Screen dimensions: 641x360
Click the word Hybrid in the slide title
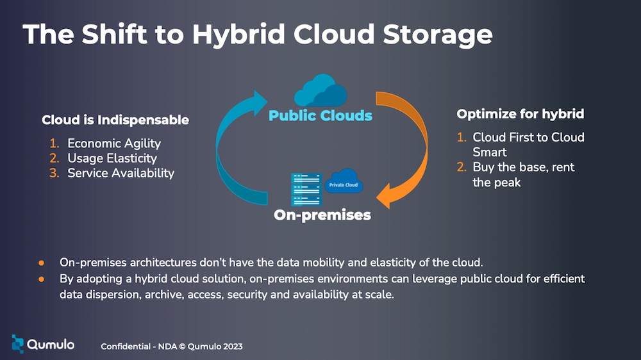238,35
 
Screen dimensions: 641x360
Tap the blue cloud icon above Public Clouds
320,90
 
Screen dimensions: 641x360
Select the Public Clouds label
320,116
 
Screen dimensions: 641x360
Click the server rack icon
306,189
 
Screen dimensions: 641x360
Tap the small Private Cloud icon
344,181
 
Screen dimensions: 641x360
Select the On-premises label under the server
322,215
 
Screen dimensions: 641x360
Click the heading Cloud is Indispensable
115,120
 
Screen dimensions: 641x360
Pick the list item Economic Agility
114,143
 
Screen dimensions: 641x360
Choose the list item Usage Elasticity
112,158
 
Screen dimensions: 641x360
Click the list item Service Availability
121,173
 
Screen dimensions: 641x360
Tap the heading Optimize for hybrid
520,114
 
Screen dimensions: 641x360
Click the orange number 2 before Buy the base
462,167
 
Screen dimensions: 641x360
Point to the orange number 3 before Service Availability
54,173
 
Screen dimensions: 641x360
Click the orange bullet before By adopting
41,279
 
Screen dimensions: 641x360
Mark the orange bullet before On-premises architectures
41,263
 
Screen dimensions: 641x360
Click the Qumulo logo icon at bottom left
17,343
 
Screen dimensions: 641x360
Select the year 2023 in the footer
233,347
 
